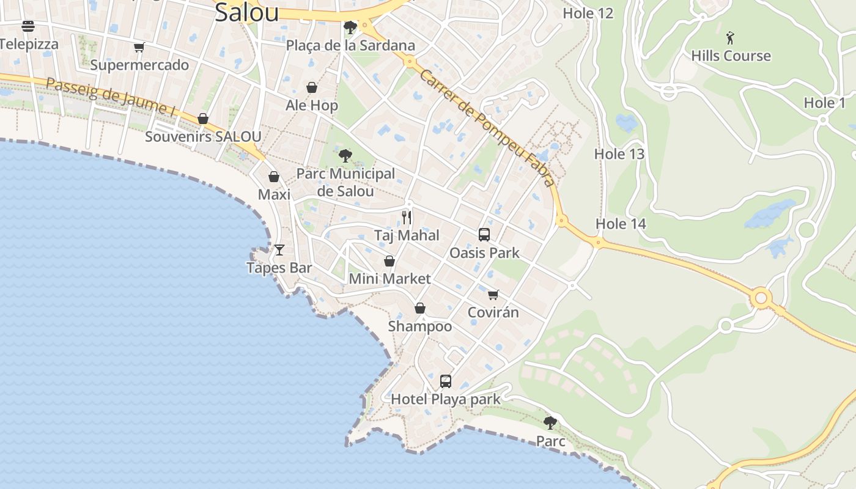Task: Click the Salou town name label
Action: pos(246,12)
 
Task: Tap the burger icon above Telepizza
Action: pos(28,26)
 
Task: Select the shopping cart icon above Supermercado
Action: pos(139,47)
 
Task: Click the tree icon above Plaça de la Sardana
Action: pos(350,28)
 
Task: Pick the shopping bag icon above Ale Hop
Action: pos(312,88)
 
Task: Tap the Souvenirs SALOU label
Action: pos(203,137)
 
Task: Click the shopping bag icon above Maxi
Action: pos(274,177)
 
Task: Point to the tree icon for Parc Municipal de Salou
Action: pos(345,156)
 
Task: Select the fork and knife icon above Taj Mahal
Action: pos(407,218)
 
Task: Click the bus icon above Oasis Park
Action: pos(484,235)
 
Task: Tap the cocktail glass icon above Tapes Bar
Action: pos(279,249)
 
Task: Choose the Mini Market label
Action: pos(389,279)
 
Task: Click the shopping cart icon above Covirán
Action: pos(493,295)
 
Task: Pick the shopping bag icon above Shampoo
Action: pos(420,308)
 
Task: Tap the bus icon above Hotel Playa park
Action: pos(446,381)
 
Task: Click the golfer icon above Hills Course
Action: pos(730,39)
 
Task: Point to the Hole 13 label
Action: pos(619,154)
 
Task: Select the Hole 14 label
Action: pos(621,224)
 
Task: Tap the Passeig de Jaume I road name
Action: pos(110,96)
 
